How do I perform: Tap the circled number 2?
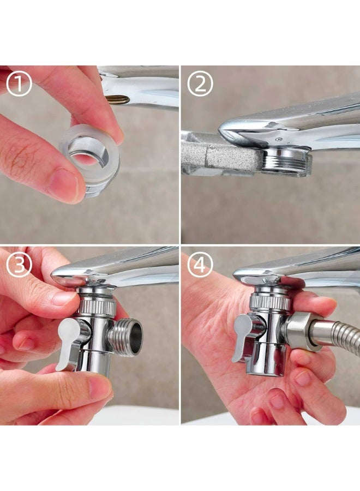pos(200,83)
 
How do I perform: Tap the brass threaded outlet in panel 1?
pos(117,99)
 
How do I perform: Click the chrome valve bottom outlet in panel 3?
pos(93,362)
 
